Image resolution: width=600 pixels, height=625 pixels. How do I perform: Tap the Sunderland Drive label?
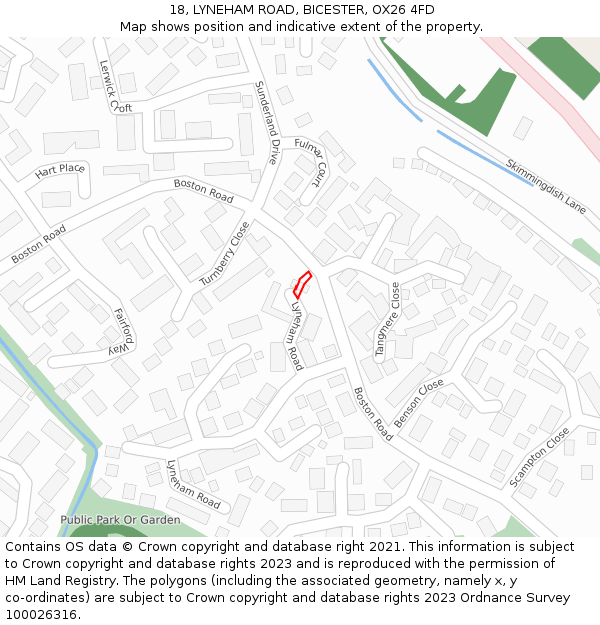(267, 123)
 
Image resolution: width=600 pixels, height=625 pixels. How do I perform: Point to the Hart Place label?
(60, 169)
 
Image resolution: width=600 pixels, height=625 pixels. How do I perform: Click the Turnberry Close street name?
(224, 254)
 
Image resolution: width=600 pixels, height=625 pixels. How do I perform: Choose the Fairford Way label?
(122, 331)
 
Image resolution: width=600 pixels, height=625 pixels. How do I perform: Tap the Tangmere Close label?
(387, 320)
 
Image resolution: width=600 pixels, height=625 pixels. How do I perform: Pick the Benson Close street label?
(419, 403)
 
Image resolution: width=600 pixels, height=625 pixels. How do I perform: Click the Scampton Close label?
(540, 457)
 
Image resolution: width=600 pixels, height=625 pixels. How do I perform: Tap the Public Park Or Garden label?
(120, 520)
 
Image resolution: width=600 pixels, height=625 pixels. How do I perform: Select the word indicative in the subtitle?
(301, 26)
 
